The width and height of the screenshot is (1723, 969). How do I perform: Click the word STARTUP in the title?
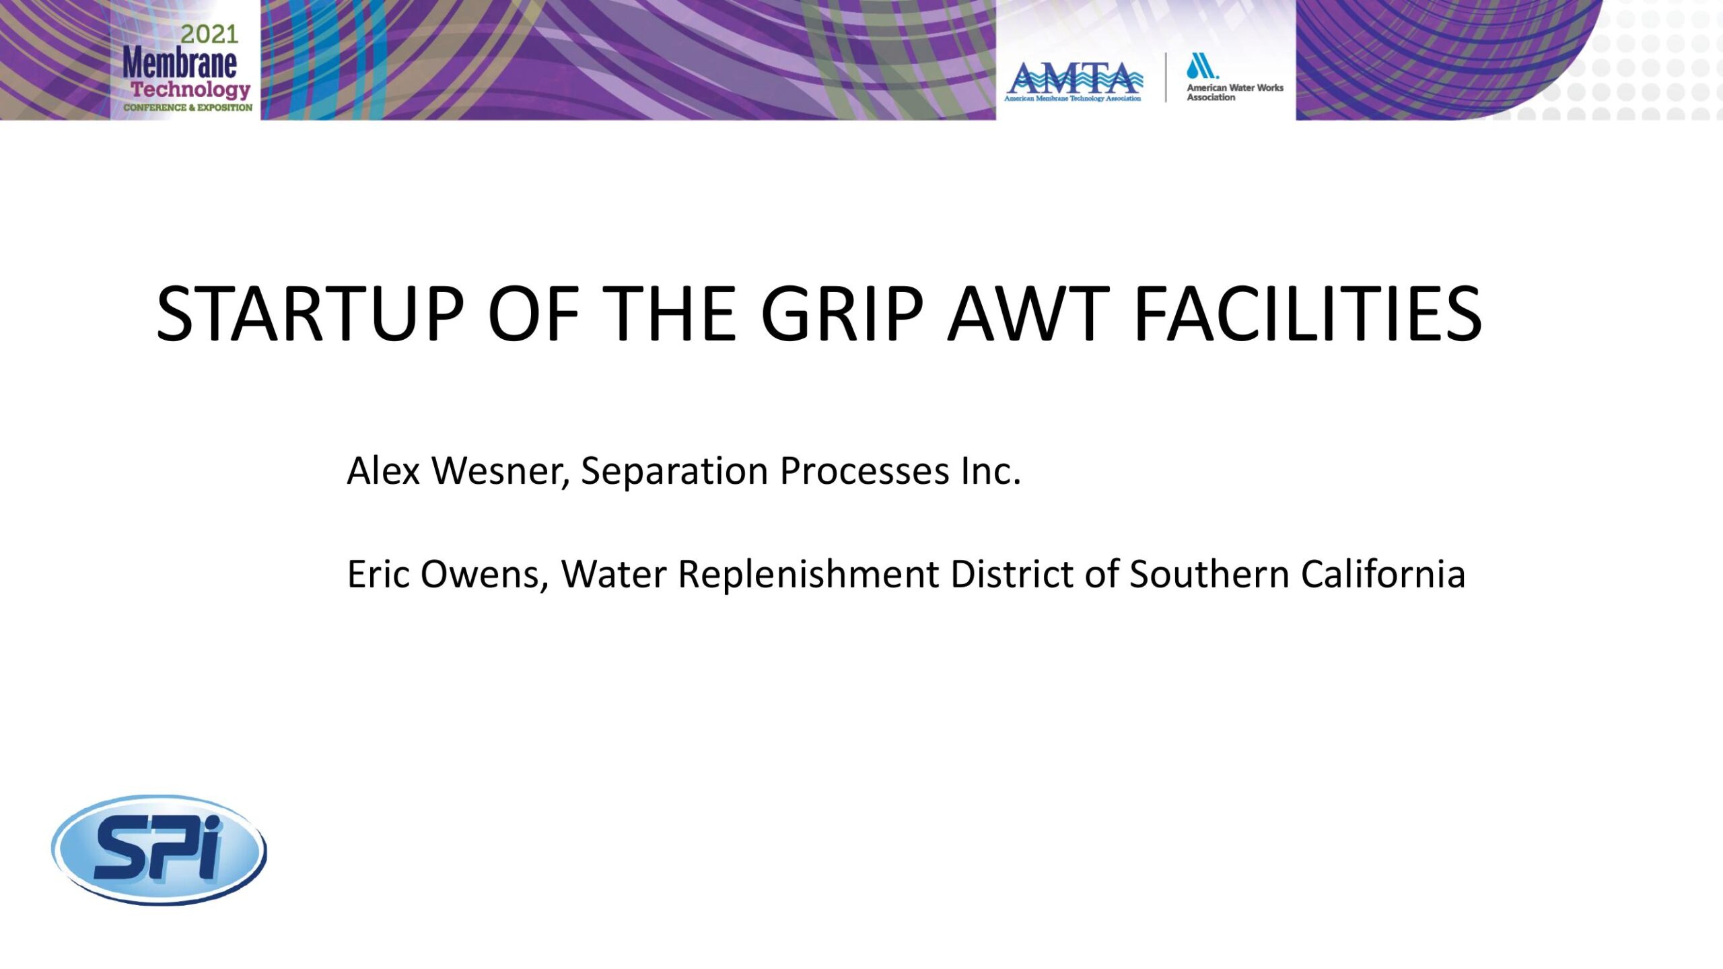point(310,314)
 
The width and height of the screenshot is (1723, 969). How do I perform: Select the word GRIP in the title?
point(842,314)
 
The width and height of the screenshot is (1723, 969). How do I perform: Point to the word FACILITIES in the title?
point(1308,314)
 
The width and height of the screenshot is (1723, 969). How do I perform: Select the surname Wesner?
point(501,472)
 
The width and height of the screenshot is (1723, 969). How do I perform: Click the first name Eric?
point(378,574)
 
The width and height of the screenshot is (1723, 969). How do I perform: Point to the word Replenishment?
point(808,575)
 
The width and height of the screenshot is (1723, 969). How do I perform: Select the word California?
point(1383,574)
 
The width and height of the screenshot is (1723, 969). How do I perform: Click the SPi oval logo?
point(159,849)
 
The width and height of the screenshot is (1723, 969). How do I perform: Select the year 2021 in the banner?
point(209,34)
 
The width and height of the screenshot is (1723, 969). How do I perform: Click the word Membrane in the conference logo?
point(180,63)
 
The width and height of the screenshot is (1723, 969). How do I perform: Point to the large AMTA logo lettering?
point(1074,78)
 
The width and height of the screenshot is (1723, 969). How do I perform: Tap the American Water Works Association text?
point(1235,92)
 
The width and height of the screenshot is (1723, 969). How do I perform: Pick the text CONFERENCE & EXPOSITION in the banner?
point(188,108)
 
